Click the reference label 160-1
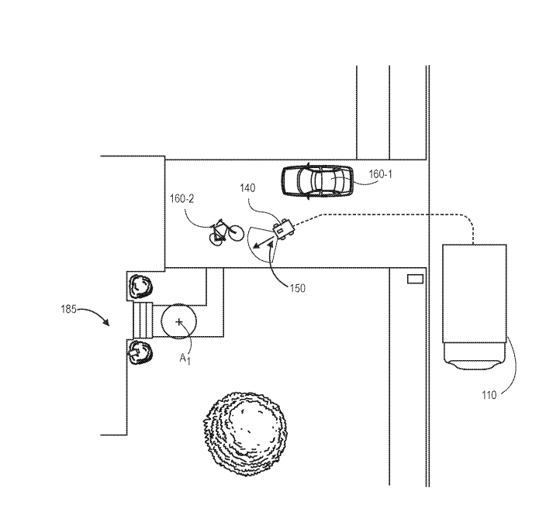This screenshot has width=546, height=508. [x=380, y=175]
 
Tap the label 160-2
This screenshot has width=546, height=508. [x=182, y=199]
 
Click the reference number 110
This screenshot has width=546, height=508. [x=489, y=396]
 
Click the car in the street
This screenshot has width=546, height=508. [x=315, y=180]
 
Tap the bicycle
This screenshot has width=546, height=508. [x=221, y=231]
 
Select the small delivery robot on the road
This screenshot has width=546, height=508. [x=282, y=228]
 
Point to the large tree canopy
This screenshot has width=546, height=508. [x=245, y=424]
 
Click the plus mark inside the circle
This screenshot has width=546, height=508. [x=180, y=321]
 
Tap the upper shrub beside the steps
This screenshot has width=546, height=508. [x=141, y=287]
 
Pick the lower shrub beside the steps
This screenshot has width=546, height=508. [x=141, y=352]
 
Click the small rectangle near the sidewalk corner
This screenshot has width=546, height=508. [x=416, y=277]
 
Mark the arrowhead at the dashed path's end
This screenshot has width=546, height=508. [x=254, y=247]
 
